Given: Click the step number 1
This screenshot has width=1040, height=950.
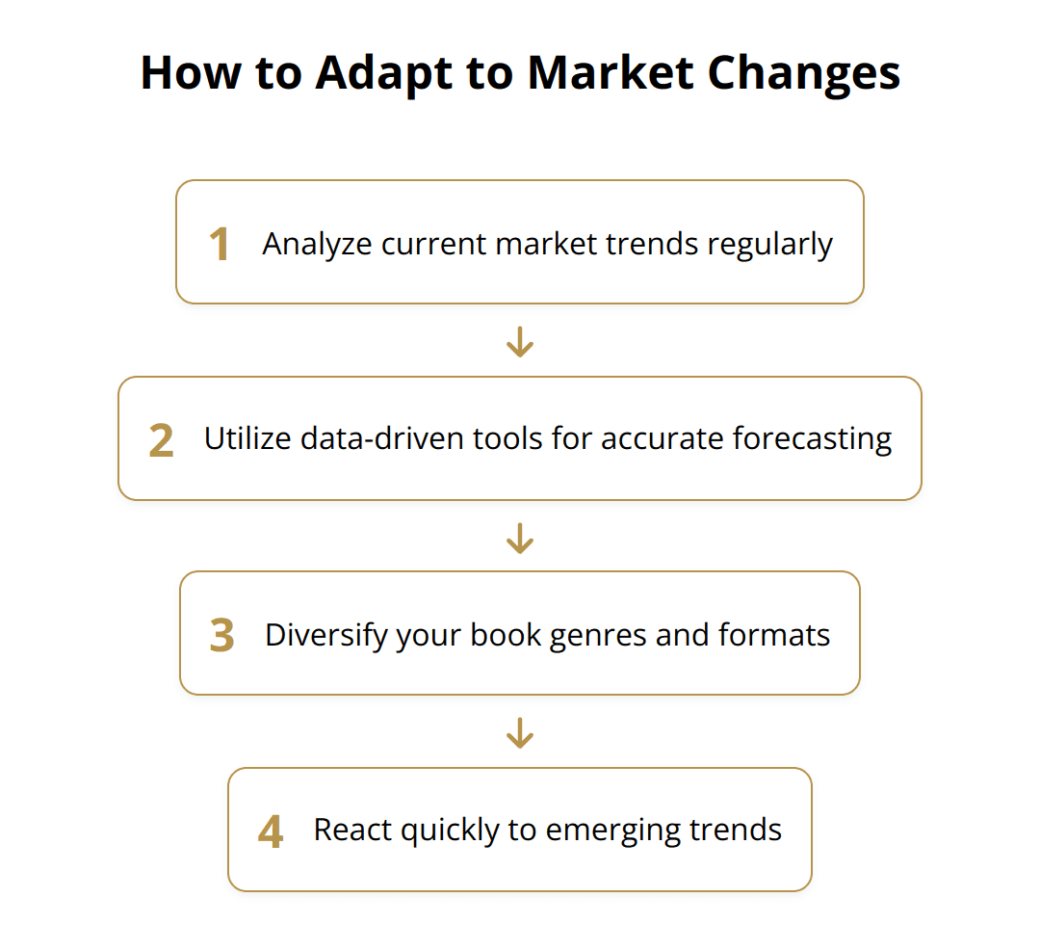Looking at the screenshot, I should click(220, 244).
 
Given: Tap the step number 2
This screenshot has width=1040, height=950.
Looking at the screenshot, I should click(161, 440).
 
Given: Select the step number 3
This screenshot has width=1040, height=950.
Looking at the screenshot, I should click(221, 636).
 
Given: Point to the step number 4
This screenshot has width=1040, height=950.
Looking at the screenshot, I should click(271, 831).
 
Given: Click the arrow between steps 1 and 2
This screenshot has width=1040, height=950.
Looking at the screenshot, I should click(520, 342).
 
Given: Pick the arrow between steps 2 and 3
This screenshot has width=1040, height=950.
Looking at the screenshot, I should click(520, 538).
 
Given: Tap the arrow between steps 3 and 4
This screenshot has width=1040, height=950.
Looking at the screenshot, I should click(520, 733).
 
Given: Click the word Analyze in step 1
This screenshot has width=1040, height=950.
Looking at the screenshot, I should click(317, 245).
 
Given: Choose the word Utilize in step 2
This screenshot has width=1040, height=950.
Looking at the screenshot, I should click(245, 439).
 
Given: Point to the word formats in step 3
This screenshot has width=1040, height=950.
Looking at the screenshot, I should click(774, 636).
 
